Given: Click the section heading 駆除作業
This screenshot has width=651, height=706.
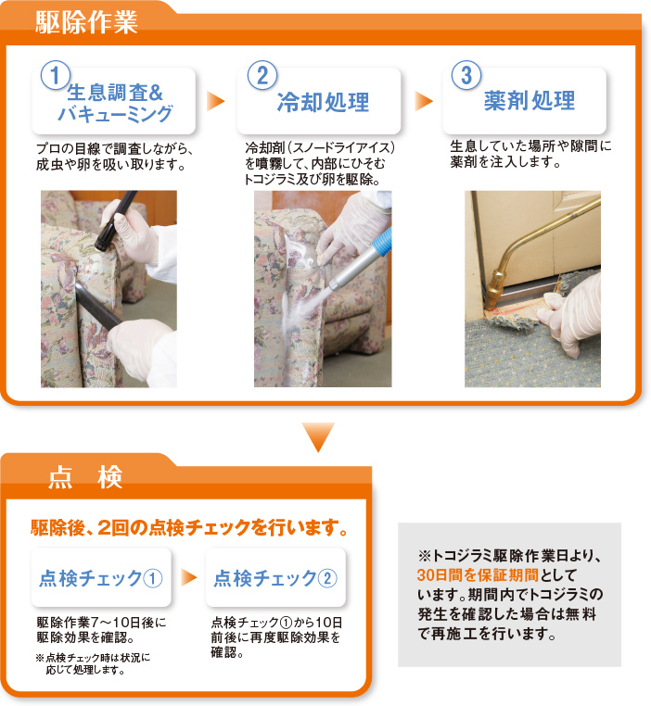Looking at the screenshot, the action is [86, 22].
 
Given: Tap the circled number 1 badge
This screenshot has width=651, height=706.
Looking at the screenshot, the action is [56, 76].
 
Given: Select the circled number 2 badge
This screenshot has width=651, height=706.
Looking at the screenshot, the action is [262, 75].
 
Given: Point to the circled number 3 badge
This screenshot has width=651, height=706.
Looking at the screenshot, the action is [466, 75].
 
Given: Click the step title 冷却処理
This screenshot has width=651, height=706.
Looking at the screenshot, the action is [323, 102].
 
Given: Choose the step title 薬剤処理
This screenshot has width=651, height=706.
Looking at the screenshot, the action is [530, 100].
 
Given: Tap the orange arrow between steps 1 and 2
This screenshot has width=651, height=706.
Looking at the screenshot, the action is [216, 101].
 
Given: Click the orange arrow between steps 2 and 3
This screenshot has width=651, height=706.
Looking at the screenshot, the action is [424, 101].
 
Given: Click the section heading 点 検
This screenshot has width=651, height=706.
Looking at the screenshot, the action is [85, 477].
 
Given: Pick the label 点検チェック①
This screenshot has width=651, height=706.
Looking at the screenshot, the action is [100, 578].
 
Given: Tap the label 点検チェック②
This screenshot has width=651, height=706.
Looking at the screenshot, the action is [275, 578].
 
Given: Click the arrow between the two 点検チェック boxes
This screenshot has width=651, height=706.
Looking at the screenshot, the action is [189, 577].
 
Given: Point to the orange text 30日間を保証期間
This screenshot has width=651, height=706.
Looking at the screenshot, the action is [478, 575].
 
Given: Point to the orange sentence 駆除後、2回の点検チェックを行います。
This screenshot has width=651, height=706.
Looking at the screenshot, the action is [189, 527].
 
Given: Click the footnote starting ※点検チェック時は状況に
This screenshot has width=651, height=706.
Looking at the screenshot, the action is [94, 663].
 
